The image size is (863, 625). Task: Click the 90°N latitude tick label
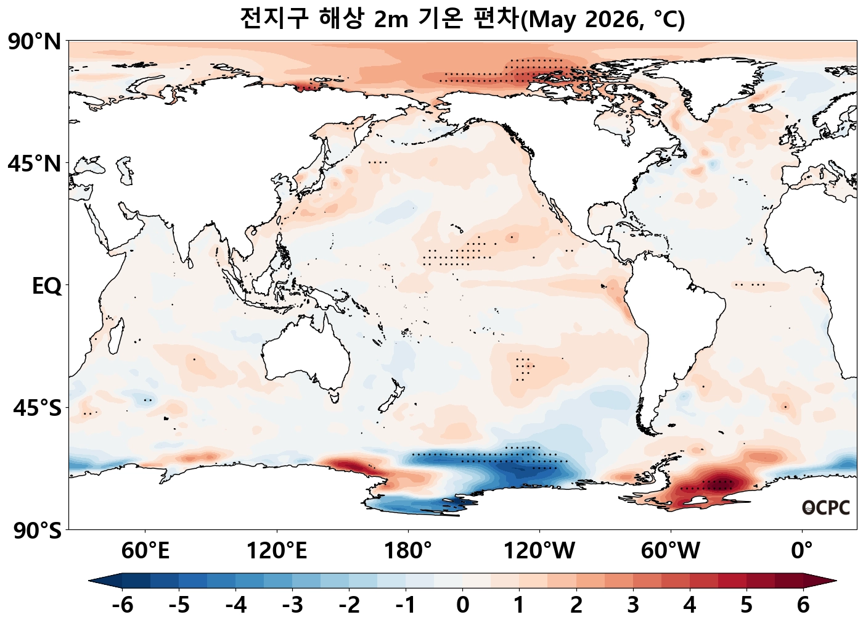coord(35,42)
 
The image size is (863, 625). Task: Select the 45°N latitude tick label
coord(35,164)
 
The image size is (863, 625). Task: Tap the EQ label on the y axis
coord(46,286)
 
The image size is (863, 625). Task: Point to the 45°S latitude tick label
coord(37,408)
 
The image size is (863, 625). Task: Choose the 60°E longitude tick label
coord(145,550)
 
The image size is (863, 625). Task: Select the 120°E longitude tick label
coord(277,550)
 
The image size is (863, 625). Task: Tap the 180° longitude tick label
coord(408,550)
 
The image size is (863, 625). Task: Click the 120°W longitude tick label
coord(539,550)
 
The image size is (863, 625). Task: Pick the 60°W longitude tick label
coord(671,550)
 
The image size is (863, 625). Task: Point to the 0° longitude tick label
coord(802,550)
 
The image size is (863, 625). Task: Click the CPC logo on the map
coord(826,508)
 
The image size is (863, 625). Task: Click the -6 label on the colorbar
coord(123,605)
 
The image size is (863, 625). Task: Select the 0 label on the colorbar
coord(463,605)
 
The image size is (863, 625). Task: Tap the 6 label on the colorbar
coord(803,605)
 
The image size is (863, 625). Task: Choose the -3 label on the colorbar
coord(293,605)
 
